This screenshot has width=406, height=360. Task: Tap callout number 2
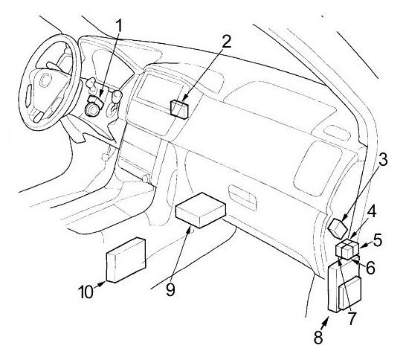point(226,41)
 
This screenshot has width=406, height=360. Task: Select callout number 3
point(382,159)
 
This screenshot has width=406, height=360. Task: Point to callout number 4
point(371,211)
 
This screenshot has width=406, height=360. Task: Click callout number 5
point(377,240)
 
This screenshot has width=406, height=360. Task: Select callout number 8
point(318,337)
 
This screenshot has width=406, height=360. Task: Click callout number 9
point(170,289)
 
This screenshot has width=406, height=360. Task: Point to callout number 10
point(86,292)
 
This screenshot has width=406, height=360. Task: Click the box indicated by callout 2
point(179,109)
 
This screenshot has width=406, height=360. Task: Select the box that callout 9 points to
point(201,210)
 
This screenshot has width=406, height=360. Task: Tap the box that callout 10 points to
point(126,260)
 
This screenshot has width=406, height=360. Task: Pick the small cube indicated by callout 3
point(338,228)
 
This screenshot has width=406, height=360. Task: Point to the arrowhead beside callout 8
point(326,320)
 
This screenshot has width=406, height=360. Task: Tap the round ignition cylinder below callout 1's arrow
point(91,109)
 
